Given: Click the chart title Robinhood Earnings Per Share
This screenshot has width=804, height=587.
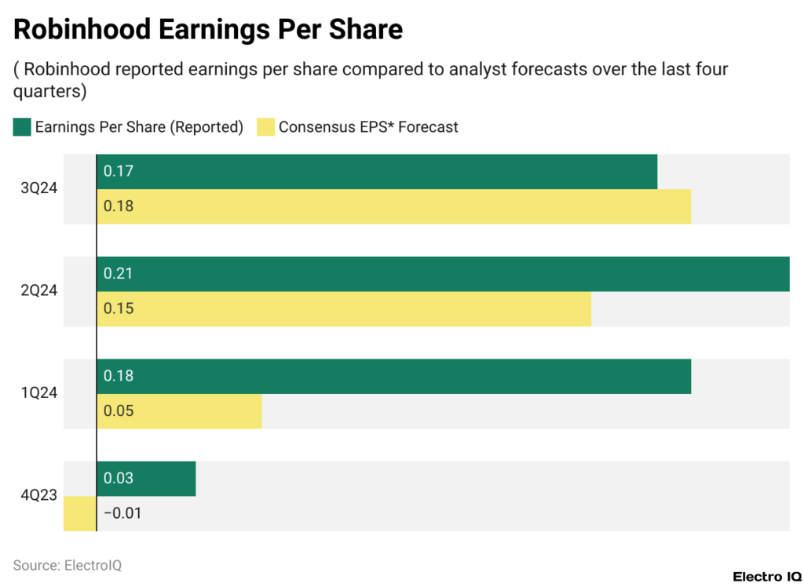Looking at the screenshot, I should [x=208, y=29].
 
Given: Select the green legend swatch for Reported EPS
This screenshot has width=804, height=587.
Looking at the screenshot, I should [x=22, y=127].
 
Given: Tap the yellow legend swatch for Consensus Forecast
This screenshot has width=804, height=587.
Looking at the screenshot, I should [x=266, y=127].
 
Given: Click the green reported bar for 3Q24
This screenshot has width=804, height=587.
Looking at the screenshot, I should [x=377, y=171].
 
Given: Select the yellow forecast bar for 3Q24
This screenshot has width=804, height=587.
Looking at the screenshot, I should [x=393, y=206].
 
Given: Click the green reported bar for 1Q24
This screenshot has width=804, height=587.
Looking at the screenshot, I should [x=393, y=376].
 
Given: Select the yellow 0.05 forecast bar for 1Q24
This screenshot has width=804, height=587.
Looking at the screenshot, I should [x=179, y=411].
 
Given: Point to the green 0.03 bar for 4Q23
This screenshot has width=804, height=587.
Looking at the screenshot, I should [x=146, y=479].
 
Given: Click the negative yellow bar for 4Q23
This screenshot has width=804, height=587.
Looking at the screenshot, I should [x=79, y=513].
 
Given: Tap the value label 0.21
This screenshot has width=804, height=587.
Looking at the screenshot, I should [x=118, y=274].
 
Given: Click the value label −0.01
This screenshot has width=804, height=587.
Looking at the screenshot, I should [x=122, y=513].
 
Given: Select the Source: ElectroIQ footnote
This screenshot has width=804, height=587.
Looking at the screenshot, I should [x=68, y=565].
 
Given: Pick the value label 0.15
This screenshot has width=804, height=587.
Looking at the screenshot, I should [x=119, y=308].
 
